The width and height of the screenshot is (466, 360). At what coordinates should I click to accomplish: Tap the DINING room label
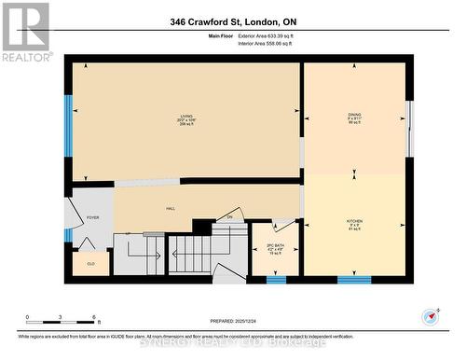354,118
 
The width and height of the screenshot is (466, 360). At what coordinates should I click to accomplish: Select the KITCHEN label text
354,223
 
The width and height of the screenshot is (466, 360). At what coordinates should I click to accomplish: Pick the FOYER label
92,217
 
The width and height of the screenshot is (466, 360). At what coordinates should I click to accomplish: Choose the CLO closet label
90,264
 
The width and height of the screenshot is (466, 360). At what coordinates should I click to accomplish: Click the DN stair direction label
230,217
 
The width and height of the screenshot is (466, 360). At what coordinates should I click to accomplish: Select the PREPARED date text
230,322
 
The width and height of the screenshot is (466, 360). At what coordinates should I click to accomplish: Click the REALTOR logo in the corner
26,32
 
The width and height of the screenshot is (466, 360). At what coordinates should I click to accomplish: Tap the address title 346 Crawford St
233,21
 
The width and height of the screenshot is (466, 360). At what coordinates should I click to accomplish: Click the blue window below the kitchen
353,279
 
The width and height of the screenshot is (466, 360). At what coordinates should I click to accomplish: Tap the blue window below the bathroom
276,279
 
